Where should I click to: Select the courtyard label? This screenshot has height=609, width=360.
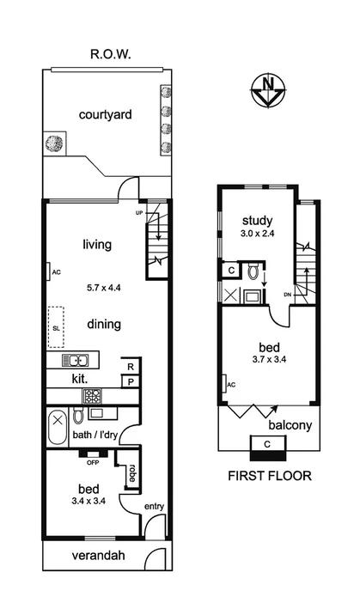click(105, 115)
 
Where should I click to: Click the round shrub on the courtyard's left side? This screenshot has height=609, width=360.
click(54, 143)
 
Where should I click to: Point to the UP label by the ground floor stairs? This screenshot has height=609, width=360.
click(139, 211)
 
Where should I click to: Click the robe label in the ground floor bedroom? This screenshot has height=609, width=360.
click(132, 472)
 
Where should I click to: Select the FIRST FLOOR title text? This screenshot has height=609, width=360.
click(268, 475)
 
